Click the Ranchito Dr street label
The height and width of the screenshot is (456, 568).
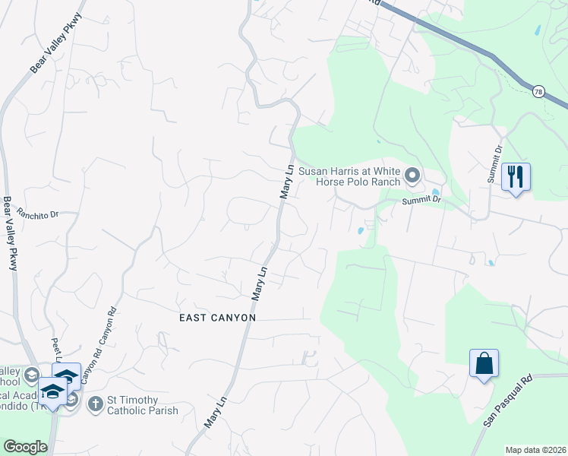point(38,215)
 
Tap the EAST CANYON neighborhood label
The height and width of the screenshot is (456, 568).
point(217,318)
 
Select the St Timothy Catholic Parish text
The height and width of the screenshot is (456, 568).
point(143,406)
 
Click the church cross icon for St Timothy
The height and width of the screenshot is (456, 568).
point(96,404)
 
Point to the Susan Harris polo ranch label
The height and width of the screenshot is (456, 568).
point(349,177)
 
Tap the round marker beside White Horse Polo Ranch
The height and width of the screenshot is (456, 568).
point(412,176)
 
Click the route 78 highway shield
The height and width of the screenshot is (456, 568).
point(538,91)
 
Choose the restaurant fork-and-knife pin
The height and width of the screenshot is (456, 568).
point(516,178)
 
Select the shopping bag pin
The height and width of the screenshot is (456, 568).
point(484,363)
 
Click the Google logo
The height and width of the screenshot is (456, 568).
point(26,447)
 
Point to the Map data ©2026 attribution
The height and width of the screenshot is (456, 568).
point(535,450)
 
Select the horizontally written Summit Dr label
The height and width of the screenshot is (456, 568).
point(421,199)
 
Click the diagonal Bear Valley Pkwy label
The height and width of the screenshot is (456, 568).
point(55,43)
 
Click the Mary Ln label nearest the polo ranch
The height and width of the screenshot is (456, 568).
point(286,182)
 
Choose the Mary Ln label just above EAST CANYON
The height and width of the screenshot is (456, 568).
point(259,282)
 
